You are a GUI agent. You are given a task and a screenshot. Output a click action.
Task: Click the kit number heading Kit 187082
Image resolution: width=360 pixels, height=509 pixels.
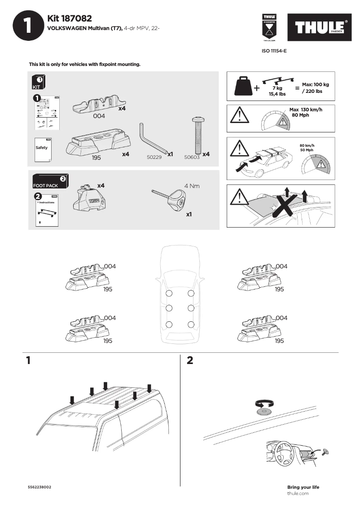(69, 18)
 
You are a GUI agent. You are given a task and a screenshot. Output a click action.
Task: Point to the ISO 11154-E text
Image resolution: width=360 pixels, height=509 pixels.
(274, 51)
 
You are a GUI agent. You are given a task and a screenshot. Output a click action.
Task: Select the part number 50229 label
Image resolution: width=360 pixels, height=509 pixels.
(154, 158)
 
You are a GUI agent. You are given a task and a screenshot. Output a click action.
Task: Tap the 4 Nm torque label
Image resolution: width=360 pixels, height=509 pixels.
(192, 185)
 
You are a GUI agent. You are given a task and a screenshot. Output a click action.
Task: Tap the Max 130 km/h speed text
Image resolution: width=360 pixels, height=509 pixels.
(306, 110)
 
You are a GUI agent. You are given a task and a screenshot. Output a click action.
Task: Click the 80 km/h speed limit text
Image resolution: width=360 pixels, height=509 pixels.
(307, 145)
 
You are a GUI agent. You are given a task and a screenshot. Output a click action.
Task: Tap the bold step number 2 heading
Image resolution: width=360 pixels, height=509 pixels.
(190, 360)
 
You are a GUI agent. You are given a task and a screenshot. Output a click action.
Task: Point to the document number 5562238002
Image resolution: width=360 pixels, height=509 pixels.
(40, 487)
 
